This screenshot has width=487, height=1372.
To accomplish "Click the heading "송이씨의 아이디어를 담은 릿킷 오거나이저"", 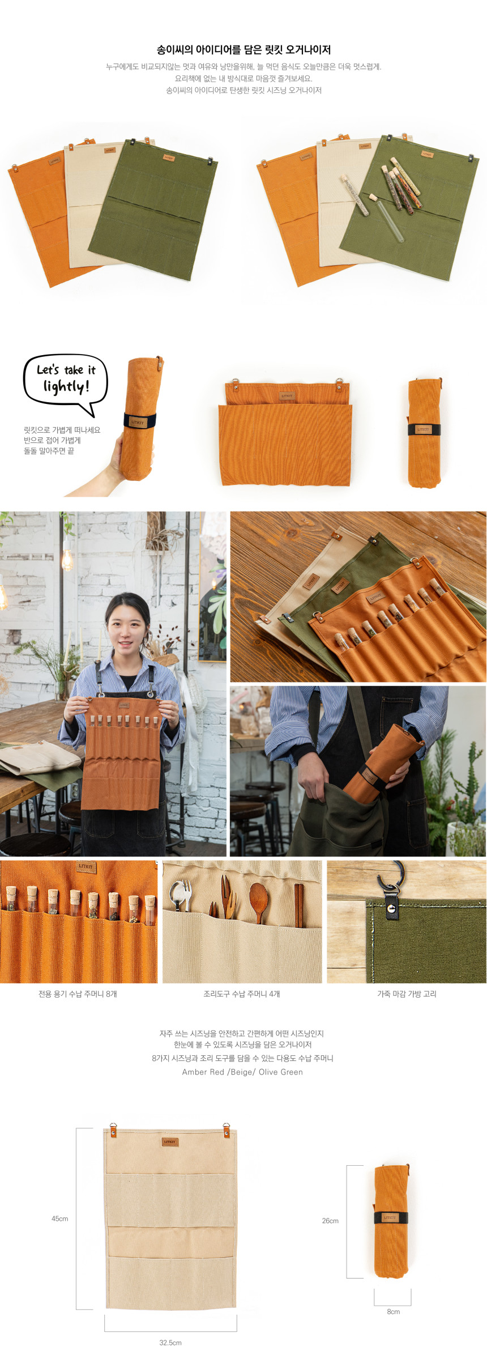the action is coord(244,50).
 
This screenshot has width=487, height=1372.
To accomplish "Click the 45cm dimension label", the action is coord(59,1218).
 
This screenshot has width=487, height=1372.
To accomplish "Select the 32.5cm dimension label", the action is coord(170,1343).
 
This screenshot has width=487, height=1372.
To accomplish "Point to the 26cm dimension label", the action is coord(330,1221).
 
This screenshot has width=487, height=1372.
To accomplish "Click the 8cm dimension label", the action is coord(393,1311).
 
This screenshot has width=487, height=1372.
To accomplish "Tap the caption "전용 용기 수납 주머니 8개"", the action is coord(78,994).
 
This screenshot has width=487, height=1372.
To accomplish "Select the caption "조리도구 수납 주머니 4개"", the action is coord(242,994).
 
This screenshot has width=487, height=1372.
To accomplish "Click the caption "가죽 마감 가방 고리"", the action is coord(407,994).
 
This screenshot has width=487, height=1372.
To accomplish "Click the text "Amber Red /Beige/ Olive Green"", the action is coord(242,1072).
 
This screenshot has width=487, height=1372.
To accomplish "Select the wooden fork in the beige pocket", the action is coord(225,901).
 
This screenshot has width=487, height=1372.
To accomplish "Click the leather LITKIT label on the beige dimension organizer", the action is coord(170,1141).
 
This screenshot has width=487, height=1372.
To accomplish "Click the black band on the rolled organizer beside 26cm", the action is coord(390,1217).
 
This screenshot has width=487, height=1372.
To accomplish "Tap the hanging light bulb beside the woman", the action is coord(67,559).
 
